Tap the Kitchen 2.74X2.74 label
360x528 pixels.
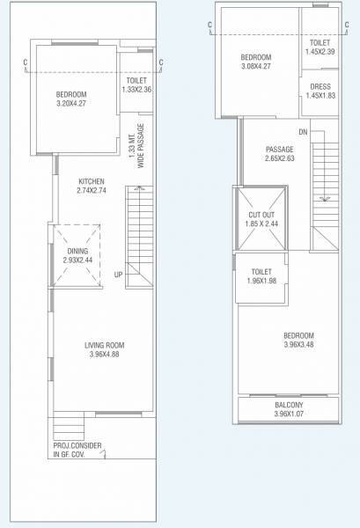click(91, 186)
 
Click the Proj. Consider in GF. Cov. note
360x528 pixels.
click(77, 451)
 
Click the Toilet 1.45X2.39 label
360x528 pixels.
click(320, 47)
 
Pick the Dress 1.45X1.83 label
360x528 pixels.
click(320, 91)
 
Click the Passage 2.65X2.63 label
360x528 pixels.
click(280, 154)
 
